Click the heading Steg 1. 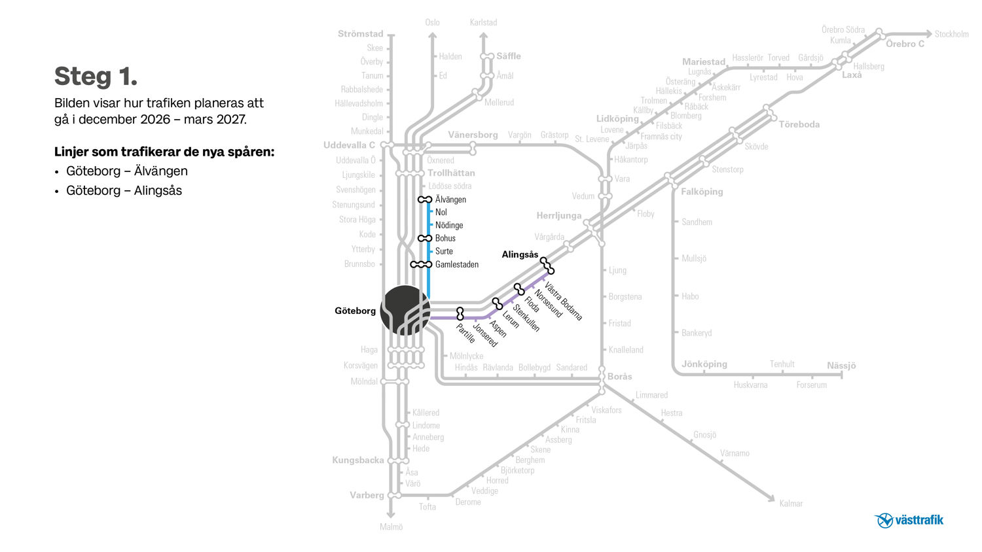pos(96,77)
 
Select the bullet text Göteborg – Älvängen pos(126,171)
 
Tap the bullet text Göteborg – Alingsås pos(124,191)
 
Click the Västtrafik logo pos(909,521)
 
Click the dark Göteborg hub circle pos(405,310)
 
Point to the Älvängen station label pos(450,199)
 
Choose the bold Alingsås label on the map pos(520,254)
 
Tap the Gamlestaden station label pos(456,265)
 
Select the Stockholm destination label pos(951,34)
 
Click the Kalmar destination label pos(791,504)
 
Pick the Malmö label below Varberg pos(391,527)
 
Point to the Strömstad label pos(361,34)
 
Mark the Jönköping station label pos(704,364)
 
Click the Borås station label pos(620,376)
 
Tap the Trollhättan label pos(451,173)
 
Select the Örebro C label pos(905,44)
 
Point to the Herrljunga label pos(558,216)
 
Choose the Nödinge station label pos(449,226)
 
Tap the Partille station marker pos(460,313)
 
